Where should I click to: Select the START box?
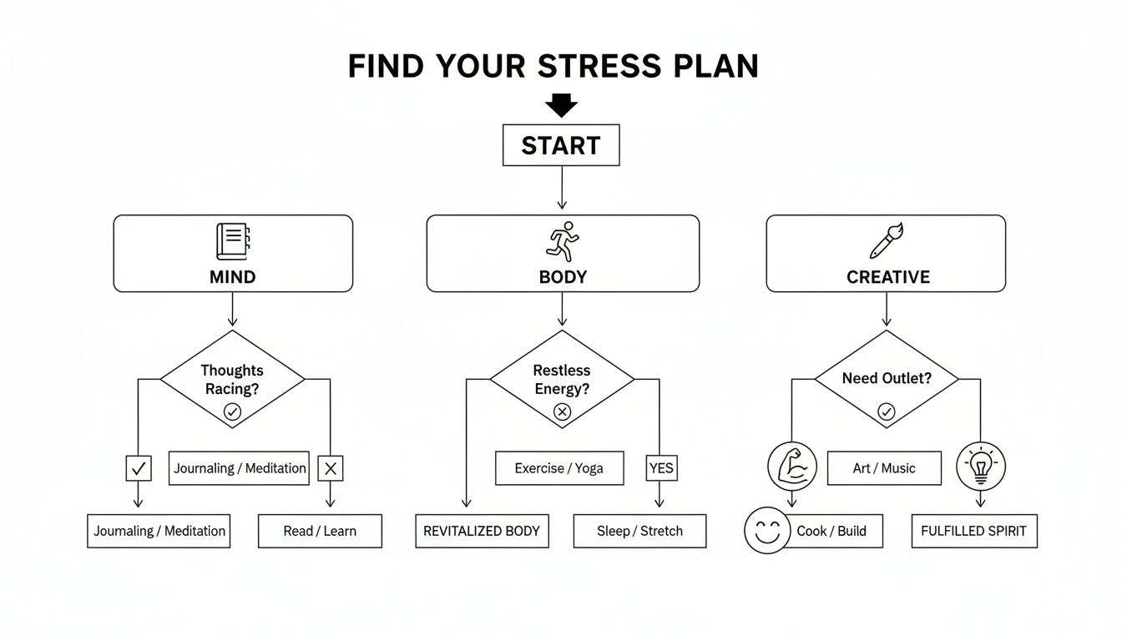click(561, 145)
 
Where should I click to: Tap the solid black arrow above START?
click(561, 106)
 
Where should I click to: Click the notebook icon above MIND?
click(232, 241)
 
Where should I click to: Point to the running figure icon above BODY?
click(562, 241)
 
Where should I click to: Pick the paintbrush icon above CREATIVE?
click(886, 240)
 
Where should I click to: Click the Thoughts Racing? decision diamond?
click(232, 380)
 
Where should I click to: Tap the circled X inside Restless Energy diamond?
click(562, 411)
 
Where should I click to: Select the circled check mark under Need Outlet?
click(886, 411)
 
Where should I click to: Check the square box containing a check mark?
click(139, 469)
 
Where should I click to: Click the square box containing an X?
click(331, 469)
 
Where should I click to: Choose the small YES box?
click(660, 468)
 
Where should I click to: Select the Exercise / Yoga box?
click(559, 468)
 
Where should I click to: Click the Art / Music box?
click(884, 468)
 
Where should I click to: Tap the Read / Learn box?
click(320, 531)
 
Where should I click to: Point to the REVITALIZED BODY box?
click(482, 531)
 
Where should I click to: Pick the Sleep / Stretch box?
click(639, 531)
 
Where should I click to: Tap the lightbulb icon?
click(980, 466)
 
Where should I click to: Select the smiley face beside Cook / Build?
click(767, 531)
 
